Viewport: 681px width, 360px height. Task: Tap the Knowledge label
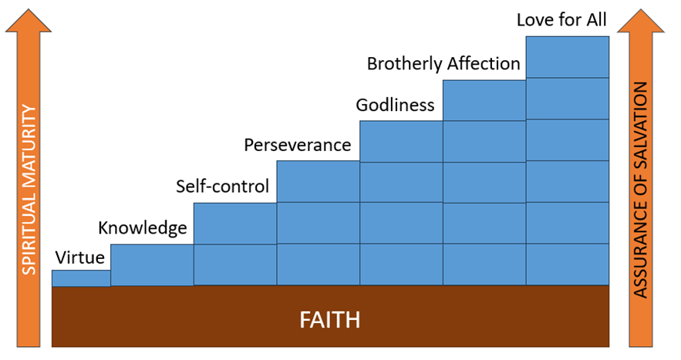tap(143, 228)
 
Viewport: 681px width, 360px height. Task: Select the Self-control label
tap(222, 187)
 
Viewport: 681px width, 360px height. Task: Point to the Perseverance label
tap(297, 145)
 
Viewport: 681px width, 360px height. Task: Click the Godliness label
tap(395, 105)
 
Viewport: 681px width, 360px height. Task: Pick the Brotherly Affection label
tap(443, 63)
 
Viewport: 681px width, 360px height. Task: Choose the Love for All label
tap(561, 19)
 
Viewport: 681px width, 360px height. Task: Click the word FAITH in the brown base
tap(330, 318)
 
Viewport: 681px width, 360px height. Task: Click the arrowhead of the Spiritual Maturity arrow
tap(29, 23)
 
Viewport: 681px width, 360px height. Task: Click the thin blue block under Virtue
tap(81, 278)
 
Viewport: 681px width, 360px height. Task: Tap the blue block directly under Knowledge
tap(152, 264)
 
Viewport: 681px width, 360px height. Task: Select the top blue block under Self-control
tap(234, 224)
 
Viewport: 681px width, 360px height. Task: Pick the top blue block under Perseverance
tap(318, 181)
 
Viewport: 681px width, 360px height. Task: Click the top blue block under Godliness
tap(401, 141)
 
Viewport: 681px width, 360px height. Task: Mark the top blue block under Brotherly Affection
tap(484, 99)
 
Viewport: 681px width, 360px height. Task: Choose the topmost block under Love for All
tap(567, 57)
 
